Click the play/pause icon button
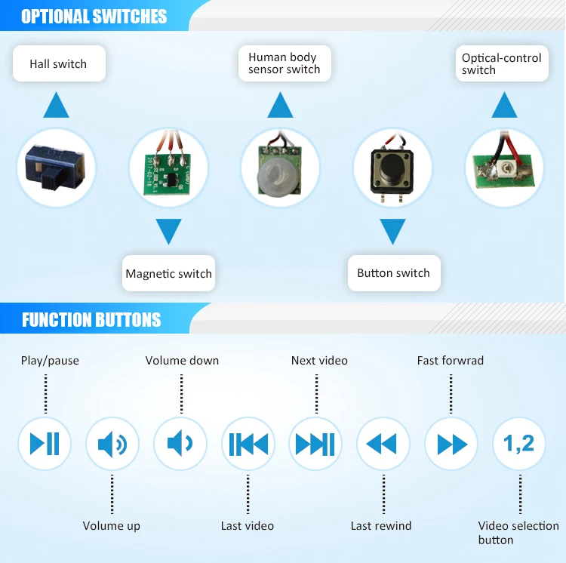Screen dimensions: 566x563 click(x=45, y=444)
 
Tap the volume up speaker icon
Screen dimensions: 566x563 click(x=112, y=444)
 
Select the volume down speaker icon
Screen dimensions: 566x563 click(x=180, y=444)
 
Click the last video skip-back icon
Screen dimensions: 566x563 click(x=248, y=444)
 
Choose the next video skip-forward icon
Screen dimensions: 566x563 click(x=315, y=444)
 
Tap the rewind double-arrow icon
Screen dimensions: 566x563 click(x=383, y=444)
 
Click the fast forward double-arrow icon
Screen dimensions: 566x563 click(x=451, y=444)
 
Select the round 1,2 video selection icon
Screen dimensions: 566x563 click(x=519, y=444)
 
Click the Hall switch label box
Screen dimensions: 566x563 click(x=59, y=63)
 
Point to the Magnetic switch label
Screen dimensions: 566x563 click(x=168, y=273)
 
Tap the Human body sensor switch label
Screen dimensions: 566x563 click(x=285, y=63)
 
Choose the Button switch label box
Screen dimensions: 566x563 click(x=394, y=273)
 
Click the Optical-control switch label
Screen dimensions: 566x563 click(x=502, y=63)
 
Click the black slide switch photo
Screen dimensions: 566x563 click(x=56, y=166)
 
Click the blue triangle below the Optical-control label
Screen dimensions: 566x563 click(x=504, y=105)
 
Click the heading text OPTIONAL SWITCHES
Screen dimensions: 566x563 click(x=94, y=17)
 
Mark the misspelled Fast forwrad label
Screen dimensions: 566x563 click(x=450, y=361)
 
